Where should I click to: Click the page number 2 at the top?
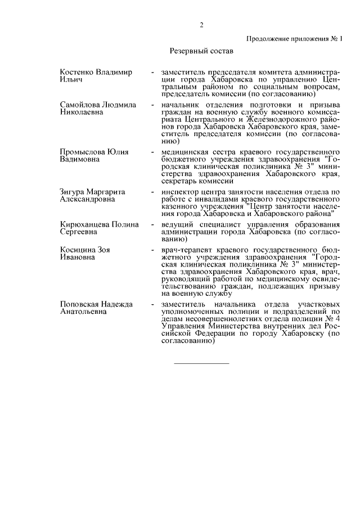pos(201,25)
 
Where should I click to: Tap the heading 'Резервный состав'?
pos(201,51)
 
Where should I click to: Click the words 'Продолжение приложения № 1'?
pos(294,38)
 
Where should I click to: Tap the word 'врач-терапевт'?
pos(183,249)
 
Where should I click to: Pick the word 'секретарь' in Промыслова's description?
pos(179,181)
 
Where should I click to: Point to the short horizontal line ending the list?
pos(201,363)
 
